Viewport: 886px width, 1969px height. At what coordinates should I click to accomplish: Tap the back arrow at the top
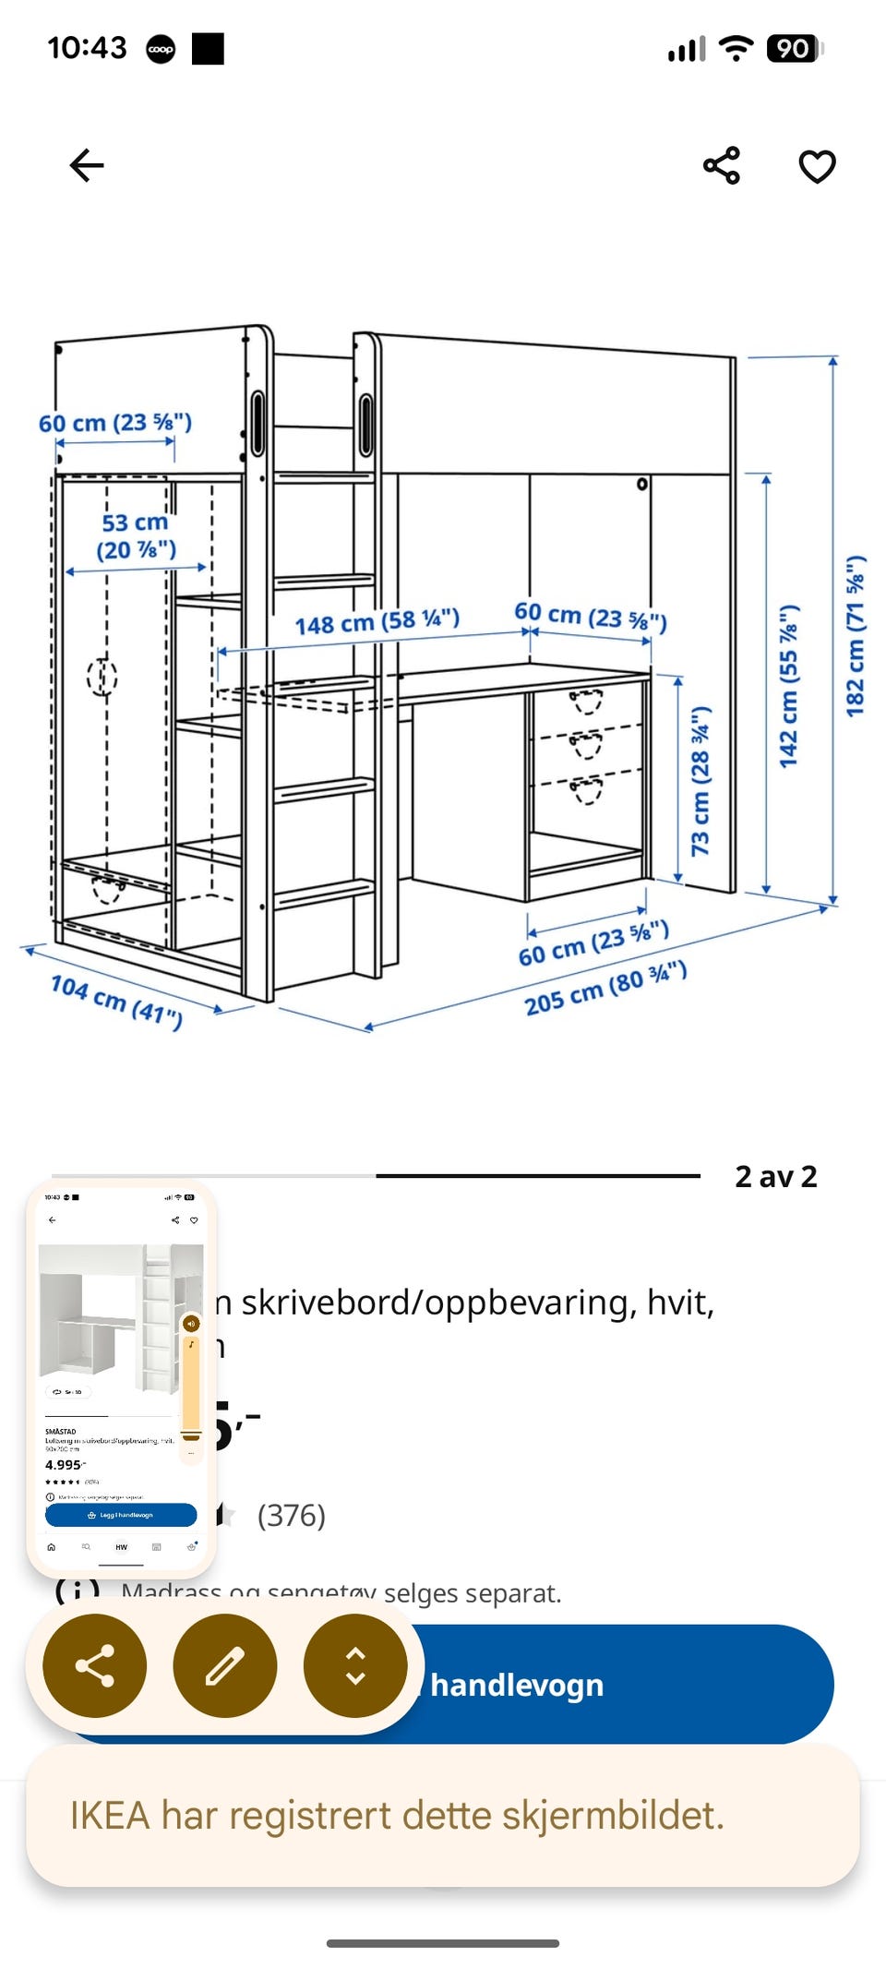[x=87, y=166]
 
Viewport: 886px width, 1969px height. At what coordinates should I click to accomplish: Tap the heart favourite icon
[x=817, y=166]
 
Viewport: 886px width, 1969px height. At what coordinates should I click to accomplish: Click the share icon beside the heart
[x=722, y=166]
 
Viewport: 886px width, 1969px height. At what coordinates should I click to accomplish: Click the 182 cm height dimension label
[x=856, y=636]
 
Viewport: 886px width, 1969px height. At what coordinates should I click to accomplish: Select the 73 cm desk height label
[x=700, y=780]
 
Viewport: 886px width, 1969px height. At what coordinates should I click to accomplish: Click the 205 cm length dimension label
[x=605, y=989]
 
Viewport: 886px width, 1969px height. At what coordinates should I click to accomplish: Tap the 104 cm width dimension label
[x=116, y=1000]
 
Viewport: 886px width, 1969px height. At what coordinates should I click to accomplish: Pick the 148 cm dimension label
[x=377, y=621]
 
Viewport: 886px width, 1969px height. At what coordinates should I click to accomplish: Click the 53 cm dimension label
[x=136, y=536]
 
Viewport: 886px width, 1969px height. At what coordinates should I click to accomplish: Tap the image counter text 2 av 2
[x=775, y=1177]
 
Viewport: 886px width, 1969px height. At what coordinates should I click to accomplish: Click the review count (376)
[x=291, y=1515]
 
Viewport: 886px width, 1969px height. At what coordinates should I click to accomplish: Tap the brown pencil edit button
[x=224, y=1665]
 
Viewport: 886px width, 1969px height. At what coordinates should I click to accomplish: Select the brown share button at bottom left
[x=94, y=1665]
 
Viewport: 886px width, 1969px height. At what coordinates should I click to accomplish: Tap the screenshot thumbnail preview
[x=121, y=1375]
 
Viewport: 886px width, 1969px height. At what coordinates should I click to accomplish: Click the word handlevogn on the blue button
[x=517, y=1685]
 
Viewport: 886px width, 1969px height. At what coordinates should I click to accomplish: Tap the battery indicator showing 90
[x=793, y=49]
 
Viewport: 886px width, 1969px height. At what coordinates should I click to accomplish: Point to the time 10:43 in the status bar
[x=87, y=48]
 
